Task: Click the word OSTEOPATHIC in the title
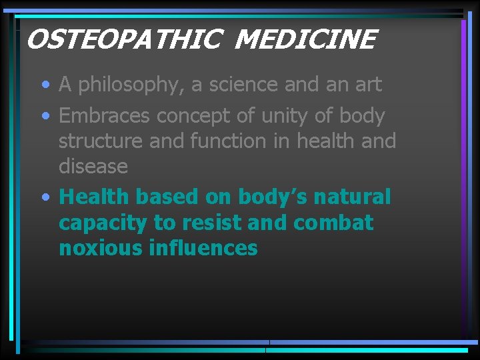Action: pyautogui.click(x=123, y=41)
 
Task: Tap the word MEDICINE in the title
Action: pyautogui.click(x=306, y=41)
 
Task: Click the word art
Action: pyautogui.click(x=367, y=85)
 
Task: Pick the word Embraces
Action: pyautogui.click(x=105, y=116)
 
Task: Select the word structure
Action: pyautogui.click(x=104, y=141)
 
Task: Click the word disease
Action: pyautogui.click(x=93, y=166)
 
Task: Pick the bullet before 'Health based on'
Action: pyautogui.click(x=45, y=198)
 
